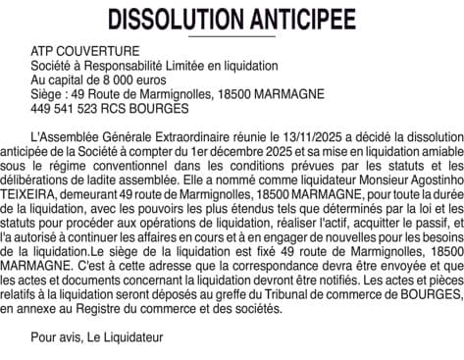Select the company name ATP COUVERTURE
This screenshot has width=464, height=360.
[x=85, y=50]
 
